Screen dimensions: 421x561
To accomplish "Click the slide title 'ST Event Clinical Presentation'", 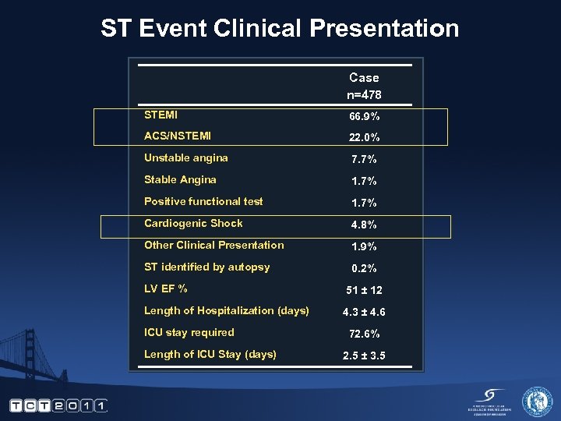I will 280,29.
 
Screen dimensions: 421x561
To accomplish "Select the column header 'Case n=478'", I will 364,86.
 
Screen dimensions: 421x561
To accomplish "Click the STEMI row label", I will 161,115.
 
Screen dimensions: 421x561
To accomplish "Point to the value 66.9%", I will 364,116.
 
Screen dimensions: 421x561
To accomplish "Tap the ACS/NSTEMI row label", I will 177,136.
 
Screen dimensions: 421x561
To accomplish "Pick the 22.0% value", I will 364,137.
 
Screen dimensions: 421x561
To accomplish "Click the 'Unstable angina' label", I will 185,157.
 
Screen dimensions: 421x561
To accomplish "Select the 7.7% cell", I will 364,159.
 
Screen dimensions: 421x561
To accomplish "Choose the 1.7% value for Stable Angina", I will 364,181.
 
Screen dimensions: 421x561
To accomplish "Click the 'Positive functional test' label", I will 203,201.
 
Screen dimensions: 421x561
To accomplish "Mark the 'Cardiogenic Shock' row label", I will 192,223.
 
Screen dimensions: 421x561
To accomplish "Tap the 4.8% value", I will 364,225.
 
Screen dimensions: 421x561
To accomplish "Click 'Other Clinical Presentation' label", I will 213,245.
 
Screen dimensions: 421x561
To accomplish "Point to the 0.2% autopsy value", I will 364,268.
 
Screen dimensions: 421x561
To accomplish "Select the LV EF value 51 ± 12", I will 364,290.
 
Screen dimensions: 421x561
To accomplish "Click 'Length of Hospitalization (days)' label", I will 226,310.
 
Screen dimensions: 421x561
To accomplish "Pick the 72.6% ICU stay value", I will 364,334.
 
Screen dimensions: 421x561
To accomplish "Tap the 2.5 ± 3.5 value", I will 364,356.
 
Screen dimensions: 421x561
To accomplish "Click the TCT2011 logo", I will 58,405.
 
